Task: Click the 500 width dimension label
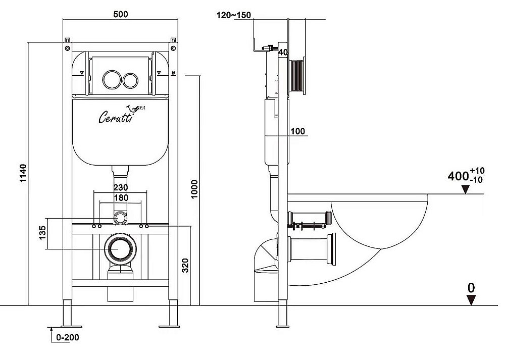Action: [x=121, y=14]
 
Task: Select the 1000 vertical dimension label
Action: [x=194, y=189]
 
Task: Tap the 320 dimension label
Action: [x=185, y=266]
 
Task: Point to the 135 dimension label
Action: [x=42, y=233]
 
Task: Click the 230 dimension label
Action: [x=121, y=187]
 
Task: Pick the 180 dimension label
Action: [x=121, y=198]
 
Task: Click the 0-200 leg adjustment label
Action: [x=67, y=337]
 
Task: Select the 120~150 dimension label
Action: [x=234, y=15]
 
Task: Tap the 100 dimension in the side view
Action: [x=297, y=131]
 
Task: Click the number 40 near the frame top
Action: [x=283, y=52]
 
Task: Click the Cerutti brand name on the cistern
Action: [x=115, y=117]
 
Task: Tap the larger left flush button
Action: [x=112, y=79]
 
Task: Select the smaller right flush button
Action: [x=130, y=80]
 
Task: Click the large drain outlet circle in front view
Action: [x=120, y=248]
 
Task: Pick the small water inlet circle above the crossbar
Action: [x=121, y=218]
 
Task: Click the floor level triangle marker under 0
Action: [x=471, y=300]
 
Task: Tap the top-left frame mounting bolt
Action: [x=67, y=48]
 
